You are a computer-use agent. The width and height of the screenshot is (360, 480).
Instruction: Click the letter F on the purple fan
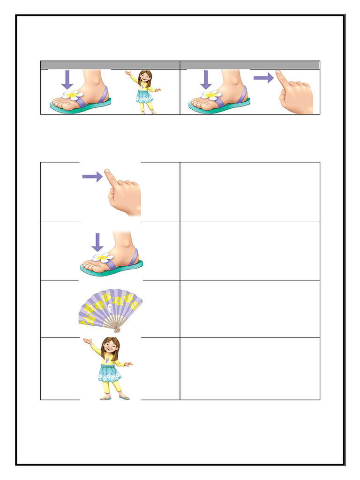108,308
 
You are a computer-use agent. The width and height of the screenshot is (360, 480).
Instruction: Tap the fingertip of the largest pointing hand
107,172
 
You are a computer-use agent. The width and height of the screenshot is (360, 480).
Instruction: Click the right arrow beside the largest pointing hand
92,177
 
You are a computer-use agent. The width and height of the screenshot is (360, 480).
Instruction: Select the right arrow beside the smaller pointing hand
263,78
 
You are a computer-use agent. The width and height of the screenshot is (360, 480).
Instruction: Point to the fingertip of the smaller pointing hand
278,73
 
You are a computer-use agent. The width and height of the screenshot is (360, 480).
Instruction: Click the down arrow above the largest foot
97,242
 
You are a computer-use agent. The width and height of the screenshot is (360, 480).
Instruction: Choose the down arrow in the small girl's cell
67,79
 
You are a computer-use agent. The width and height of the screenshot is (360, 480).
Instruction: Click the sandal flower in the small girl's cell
73,95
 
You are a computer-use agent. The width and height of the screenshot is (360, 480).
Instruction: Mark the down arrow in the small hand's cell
206,79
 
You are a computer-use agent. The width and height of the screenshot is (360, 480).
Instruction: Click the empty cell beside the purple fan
250,309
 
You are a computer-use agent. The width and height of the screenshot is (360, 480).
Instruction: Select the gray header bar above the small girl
110,65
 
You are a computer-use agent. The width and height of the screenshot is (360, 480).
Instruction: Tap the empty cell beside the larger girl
250,368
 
